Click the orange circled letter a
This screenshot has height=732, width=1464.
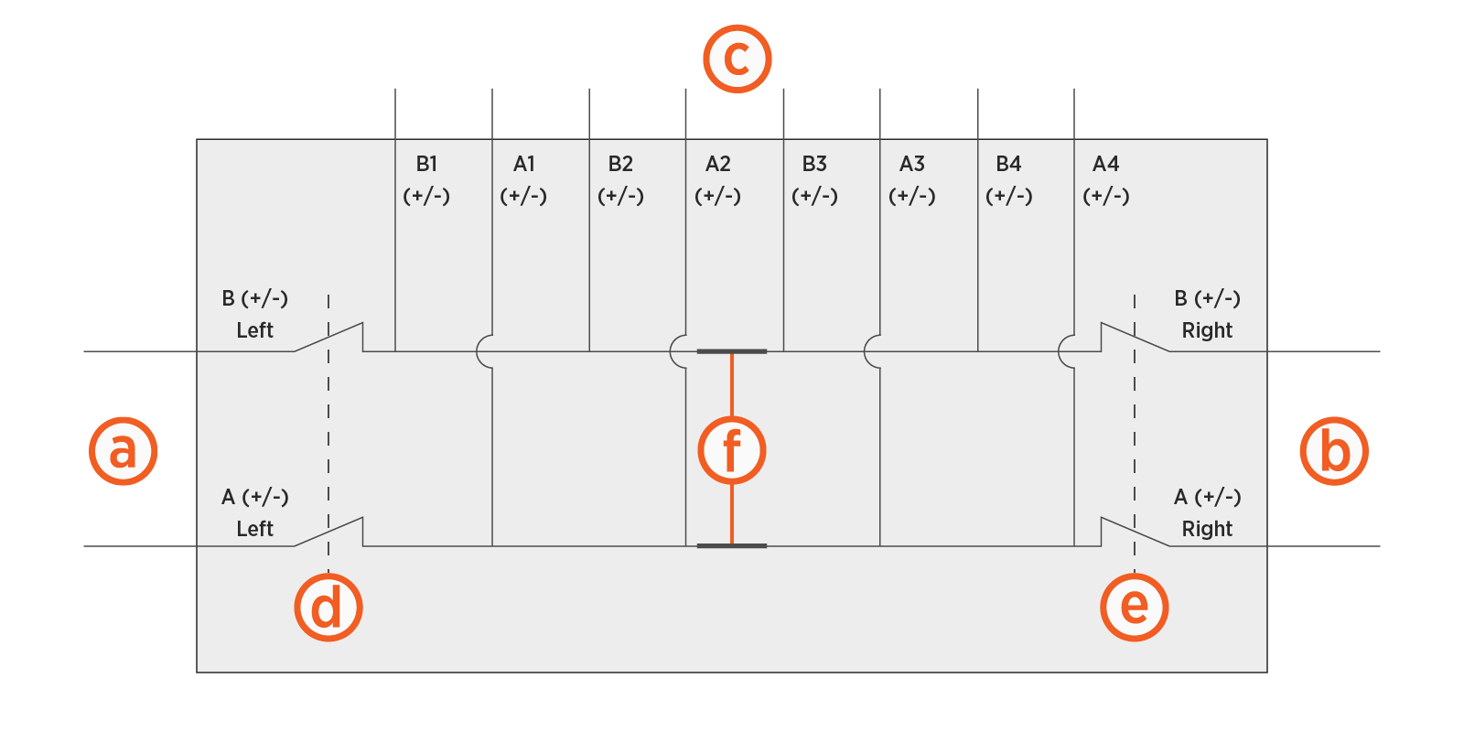124,451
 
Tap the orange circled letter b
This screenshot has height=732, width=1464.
1334,451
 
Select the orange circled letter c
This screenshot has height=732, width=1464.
737,59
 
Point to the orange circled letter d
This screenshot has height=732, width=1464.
328,608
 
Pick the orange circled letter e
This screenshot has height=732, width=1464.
1134,607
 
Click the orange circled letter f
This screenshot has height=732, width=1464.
731,450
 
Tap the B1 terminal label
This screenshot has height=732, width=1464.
426,165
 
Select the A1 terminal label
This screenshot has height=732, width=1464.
523,165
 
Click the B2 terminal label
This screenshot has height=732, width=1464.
620,165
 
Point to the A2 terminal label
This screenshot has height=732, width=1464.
717,165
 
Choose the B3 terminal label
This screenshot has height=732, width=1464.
814,165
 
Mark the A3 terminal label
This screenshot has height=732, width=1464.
911,165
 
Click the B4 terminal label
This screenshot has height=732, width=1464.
1008,165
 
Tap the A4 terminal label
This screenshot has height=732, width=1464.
1105,165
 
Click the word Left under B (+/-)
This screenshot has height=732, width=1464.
254,330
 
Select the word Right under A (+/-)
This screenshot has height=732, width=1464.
1207,529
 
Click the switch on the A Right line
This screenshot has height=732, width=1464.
1135,532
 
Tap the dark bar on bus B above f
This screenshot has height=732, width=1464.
731,351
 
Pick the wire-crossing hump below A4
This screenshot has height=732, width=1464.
1066,351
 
